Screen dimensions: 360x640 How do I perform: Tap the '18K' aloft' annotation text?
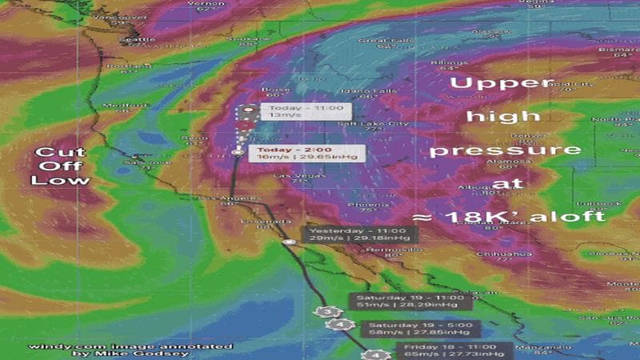click(x=512, y=217)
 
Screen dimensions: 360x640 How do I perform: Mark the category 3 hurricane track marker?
click(x=324, y=311)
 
